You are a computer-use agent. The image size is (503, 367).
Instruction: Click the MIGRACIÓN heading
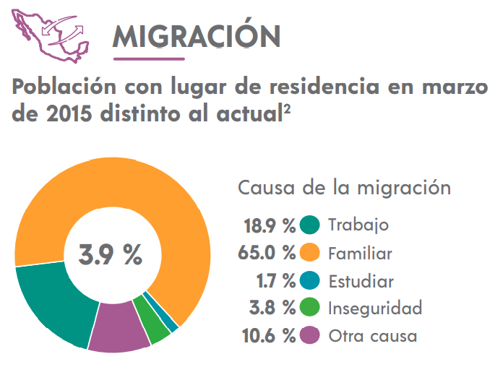196,35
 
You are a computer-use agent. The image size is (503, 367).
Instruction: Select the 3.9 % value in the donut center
111,254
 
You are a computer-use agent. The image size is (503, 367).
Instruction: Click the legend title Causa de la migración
345,189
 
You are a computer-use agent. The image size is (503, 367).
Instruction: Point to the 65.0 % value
266,253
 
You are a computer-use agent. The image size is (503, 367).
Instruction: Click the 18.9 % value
269,225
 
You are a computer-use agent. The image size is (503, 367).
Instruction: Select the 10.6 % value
267,335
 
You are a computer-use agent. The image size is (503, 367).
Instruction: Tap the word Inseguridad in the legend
374,308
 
